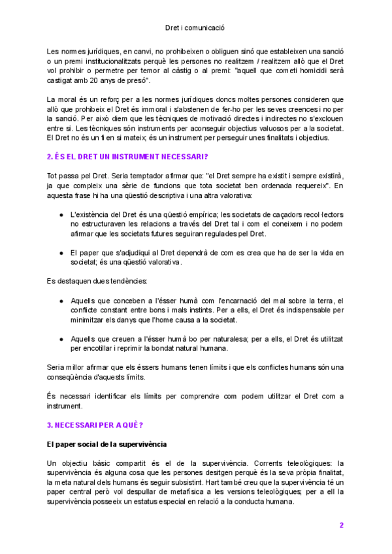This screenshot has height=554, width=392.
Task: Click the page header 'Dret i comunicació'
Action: pyautogui.click(x=195, y=28)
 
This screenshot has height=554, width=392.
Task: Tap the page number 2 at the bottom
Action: pyautogui.click(x=341, y=525)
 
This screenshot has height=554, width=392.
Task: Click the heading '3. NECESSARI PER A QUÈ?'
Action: pyautogui.click(x=95, y=424)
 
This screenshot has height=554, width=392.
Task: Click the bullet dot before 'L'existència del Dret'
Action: pyautogui.click(x=61, y=214)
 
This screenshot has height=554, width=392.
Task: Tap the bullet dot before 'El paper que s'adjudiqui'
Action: pyautogui.click(x=61, y=252)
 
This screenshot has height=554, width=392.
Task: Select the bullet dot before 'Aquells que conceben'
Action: pyautogui.click(x=61, y=300)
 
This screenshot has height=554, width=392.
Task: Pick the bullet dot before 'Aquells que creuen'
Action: pyautogui.click(x=61, y=339)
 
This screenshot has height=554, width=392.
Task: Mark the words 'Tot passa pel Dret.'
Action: pyautogui.click(x=77, y=176)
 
